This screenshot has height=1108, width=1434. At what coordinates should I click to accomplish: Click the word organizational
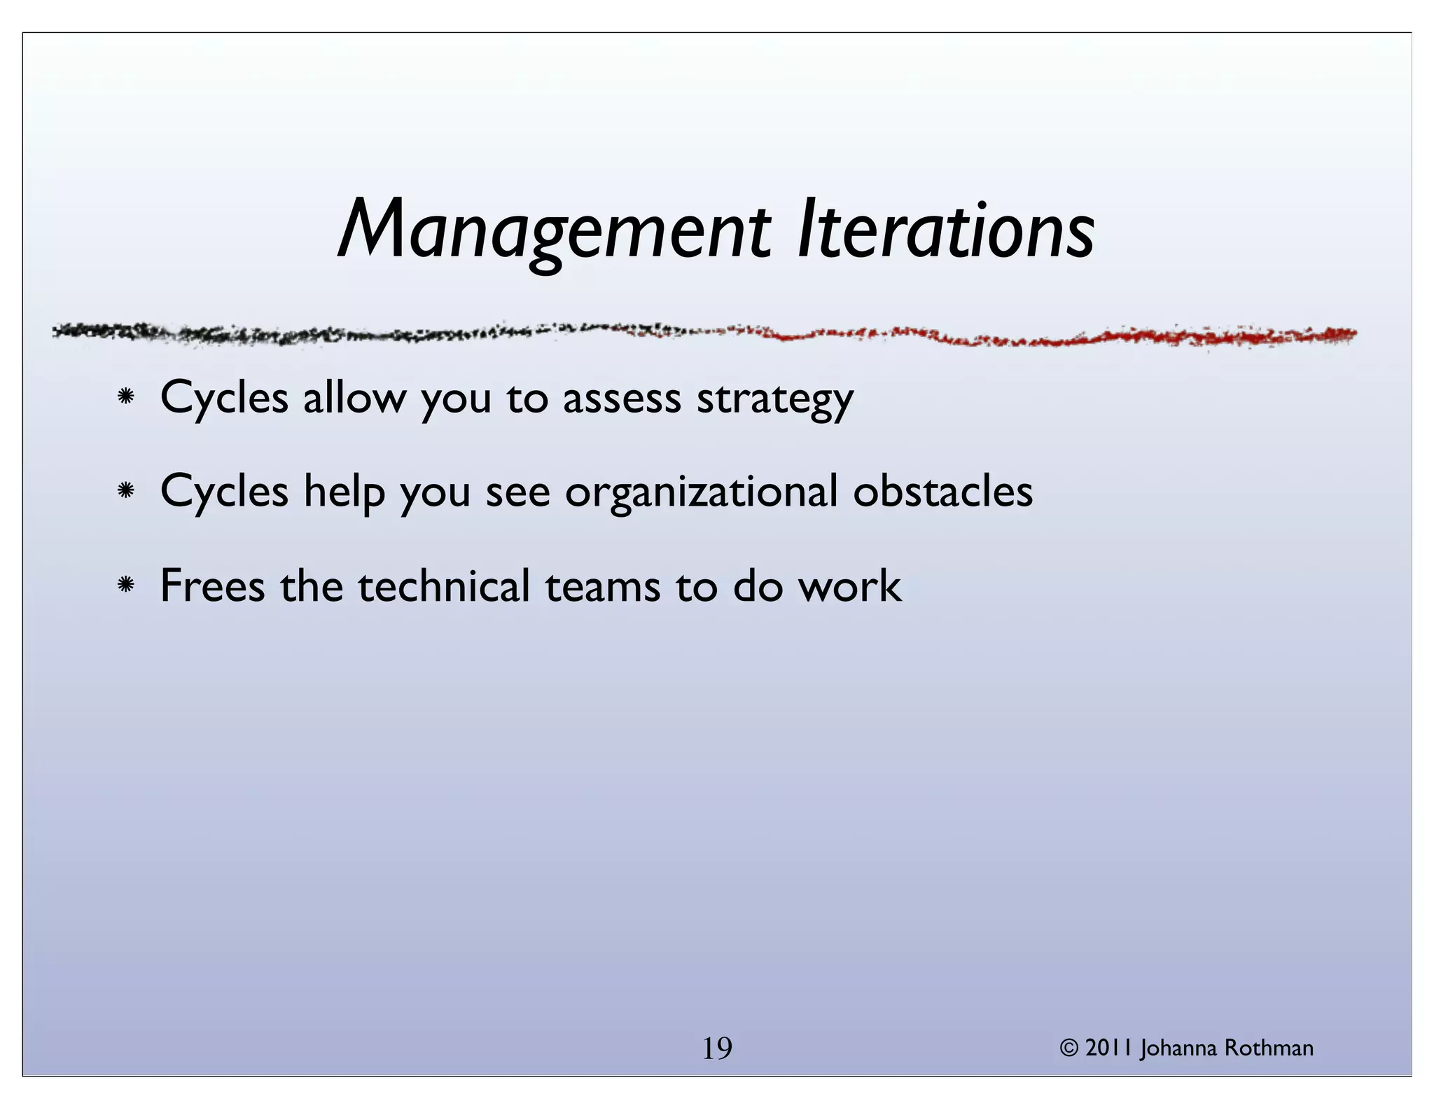click(701, 493)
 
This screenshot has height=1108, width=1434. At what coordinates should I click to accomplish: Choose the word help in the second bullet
click(344, 492)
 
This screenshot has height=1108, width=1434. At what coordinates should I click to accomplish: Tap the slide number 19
click(716, 1048)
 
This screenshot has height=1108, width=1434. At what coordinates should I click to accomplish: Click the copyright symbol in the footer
click(1069, 1048)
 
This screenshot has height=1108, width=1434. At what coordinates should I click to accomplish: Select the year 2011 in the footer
click(1109, 1048)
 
